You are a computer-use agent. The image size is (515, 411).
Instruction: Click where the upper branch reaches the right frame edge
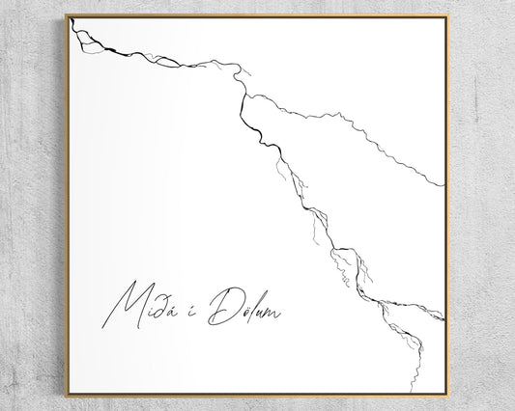(x=443, y=184)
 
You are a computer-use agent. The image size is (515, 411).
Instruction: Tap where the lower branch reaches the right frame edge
(x=443, y=318)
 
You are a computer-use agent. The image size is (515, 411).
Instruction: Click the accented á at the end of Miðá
(x=175, y=311)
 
